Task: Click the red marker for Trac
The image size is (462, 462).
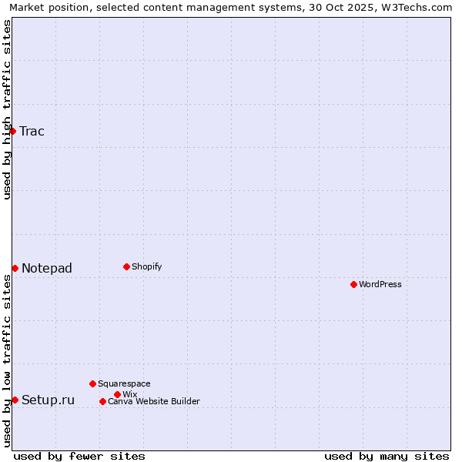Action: pos(12,131)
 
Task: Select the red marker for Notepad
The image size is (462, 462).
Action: pos(15,268)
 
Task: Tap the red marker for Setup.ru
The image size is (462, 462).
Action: pos(15,400)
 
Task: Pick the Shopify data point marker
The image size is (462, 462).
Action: pos(126,266)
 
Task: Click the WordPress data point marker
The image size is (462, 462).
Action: pos(353,284)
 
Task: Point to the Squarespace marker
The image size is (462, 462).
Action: pos(92,383)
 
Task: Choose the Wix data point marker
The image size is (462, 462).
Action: pos(117,394)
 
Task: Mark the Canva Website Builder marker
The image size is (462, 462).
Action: pos(102,401)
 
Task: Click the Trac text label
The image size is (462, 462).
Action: pos(32,131)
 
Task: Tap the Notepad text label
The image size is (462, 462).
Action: pos(47,268)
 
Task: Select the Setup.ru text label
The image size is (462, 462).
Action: pos(49,400)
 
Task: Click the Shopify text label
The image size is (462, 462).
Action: pos(147,266)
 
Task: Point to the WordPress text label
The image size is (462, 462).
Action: pos(380,284)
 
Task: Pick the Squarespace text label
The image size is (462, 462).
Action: pos(125,383)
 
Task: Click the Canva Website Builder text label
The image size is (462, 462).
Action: pos(154,401)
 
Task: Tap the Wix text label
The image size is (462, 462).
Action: pos(130,394)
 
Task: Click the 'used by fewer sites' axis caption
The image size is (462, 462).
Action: pos(79,456)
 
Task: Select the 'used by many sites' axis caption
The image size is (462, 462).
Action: pos(387,456)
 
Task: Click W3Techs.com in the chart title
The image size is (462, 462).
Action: pos(420,7)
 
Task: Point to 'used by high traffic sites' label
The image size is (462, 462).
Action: pos(7,109)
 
